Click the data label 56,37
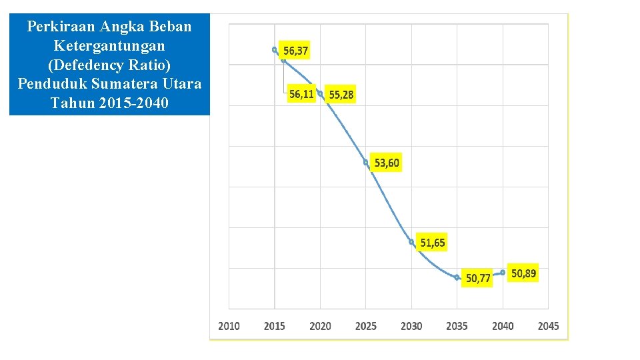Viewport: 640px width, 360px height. pos(296,51)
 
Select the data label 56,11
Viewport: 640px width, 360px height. pos(301,94)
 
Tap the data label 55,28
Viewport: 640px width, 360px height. pos(341,95)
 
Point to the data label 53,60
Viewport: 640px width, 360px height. pos(387,163)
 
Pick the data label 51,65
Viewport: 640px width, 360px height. pos(432,243)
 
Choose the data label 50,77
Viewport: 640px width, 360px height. pos(478,278)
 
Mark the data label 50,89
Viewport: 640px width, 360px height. pos(523,273)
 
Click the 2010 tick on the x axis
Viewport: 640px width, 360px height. pos(229,326)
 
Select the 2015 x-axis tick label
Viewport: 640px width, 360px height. pos(274,326)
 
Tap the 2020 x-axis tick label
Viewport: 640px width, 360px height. pos(320,326)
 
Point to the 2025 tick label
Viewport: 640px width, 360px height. pos(365,326)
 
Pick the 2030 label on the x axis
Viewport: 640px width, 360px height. pos(411,326)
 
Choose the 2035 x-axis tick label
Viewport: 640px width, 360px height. pos(457,326)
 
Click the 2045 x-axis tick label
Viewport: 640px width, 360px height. pos(548,326)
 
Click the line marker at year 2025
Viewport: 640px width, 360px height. pos(366,163)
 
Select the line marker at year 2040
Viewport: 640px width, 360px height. pos(503,272)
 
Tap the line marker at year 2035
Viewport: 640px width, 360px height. pos(457,277)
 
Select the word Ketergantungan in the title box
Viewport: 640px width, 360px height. pos(109,46)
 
